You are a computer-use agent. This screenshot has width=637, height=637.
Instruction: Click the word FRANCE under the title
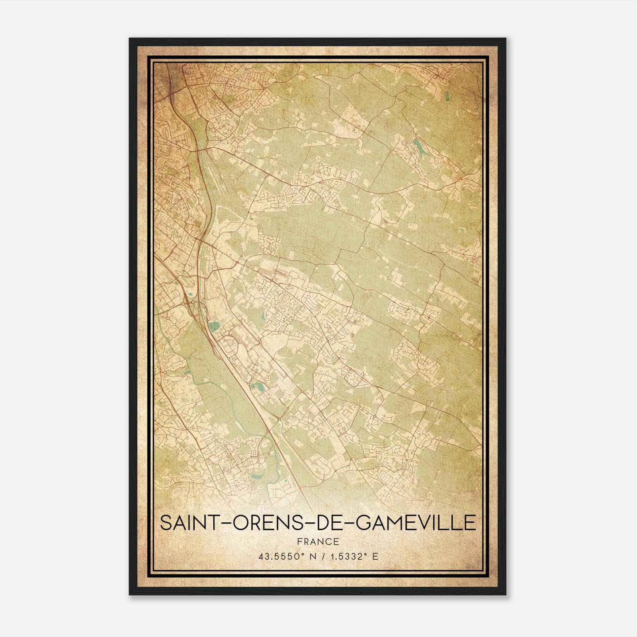pos(318,541)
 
